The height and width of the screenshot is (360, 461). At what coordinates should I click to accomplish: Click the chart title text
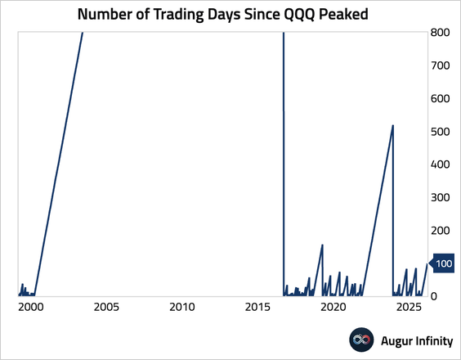click(230, 14)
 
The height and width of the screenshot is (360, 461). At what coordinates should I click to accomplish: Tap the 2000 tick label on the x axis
click(31, 308)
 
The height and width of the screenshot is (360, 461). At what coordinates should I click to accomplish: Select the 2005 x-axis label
click(106, 308)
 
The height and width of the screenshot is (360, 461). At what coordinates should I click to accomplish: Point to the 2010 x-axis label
click(182, 308)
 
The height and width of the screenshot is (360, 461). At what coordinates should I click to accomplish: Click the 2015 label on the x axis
click(257, 308)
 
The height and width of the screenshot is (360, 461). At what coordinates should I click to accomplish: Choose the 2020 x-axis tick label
click(333, 308)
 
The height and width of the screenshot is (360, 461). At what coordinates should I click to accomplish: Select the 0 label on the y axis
click(437, 295)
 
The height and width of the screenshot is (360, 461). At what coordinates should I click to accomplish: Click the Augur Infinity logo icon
click(361, 340)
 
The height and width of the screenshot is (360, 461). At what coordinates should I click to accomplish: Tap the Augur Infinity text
click(414, 340)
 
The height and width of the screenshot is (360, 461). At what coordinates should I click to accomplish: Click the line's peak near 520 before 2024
click(393, 125)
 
